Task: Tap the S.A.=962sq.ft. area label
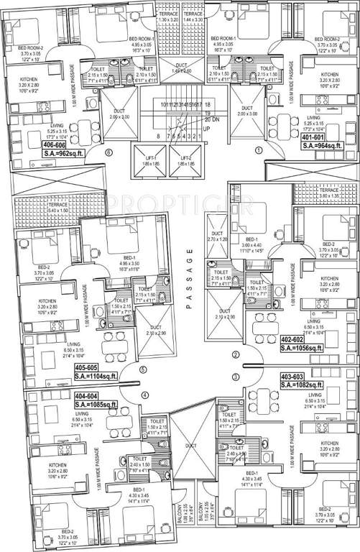pyautogui.click(x=43, y=153)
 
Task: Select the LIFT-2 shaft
pyautogui.click(x=186, y=162)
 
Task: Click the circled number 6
pyautogui.click(x=109, y=153)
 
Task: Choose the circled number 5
pyautogui.click(x=143, y=371)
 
